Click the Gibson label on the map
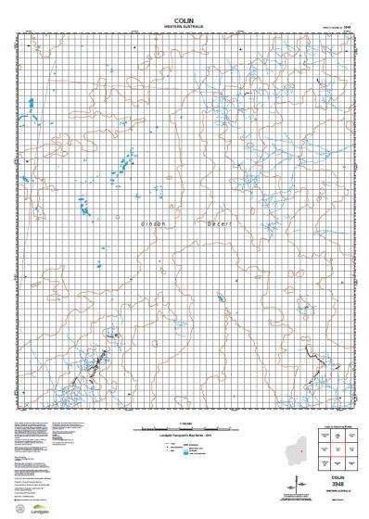coord(151,224)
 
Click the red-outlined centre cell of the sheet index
coord(338,451)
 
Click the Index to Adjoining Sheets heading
coord(338,427)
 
